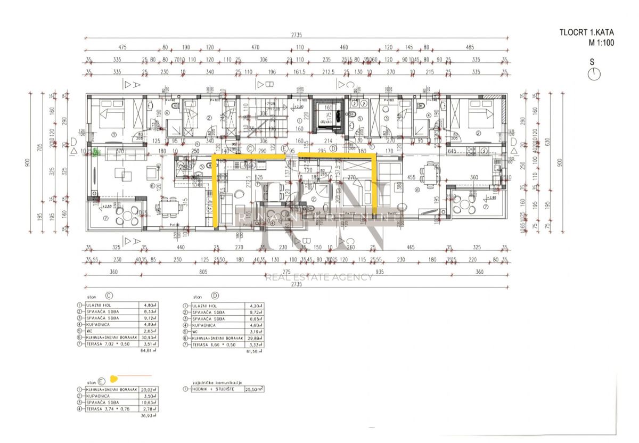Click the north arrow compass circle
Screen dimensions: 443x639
(594, 74)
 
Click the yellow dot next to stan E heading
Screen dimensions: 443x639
(113, 379)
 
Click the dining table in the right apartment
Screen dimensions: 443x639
(430, 173)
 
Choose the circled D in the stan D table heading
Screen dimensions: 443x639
(215, 294)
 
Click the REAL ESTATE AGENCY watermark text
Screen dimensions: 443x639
(319, 277)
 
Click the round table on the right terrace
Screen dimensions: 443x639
(465, 205)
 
